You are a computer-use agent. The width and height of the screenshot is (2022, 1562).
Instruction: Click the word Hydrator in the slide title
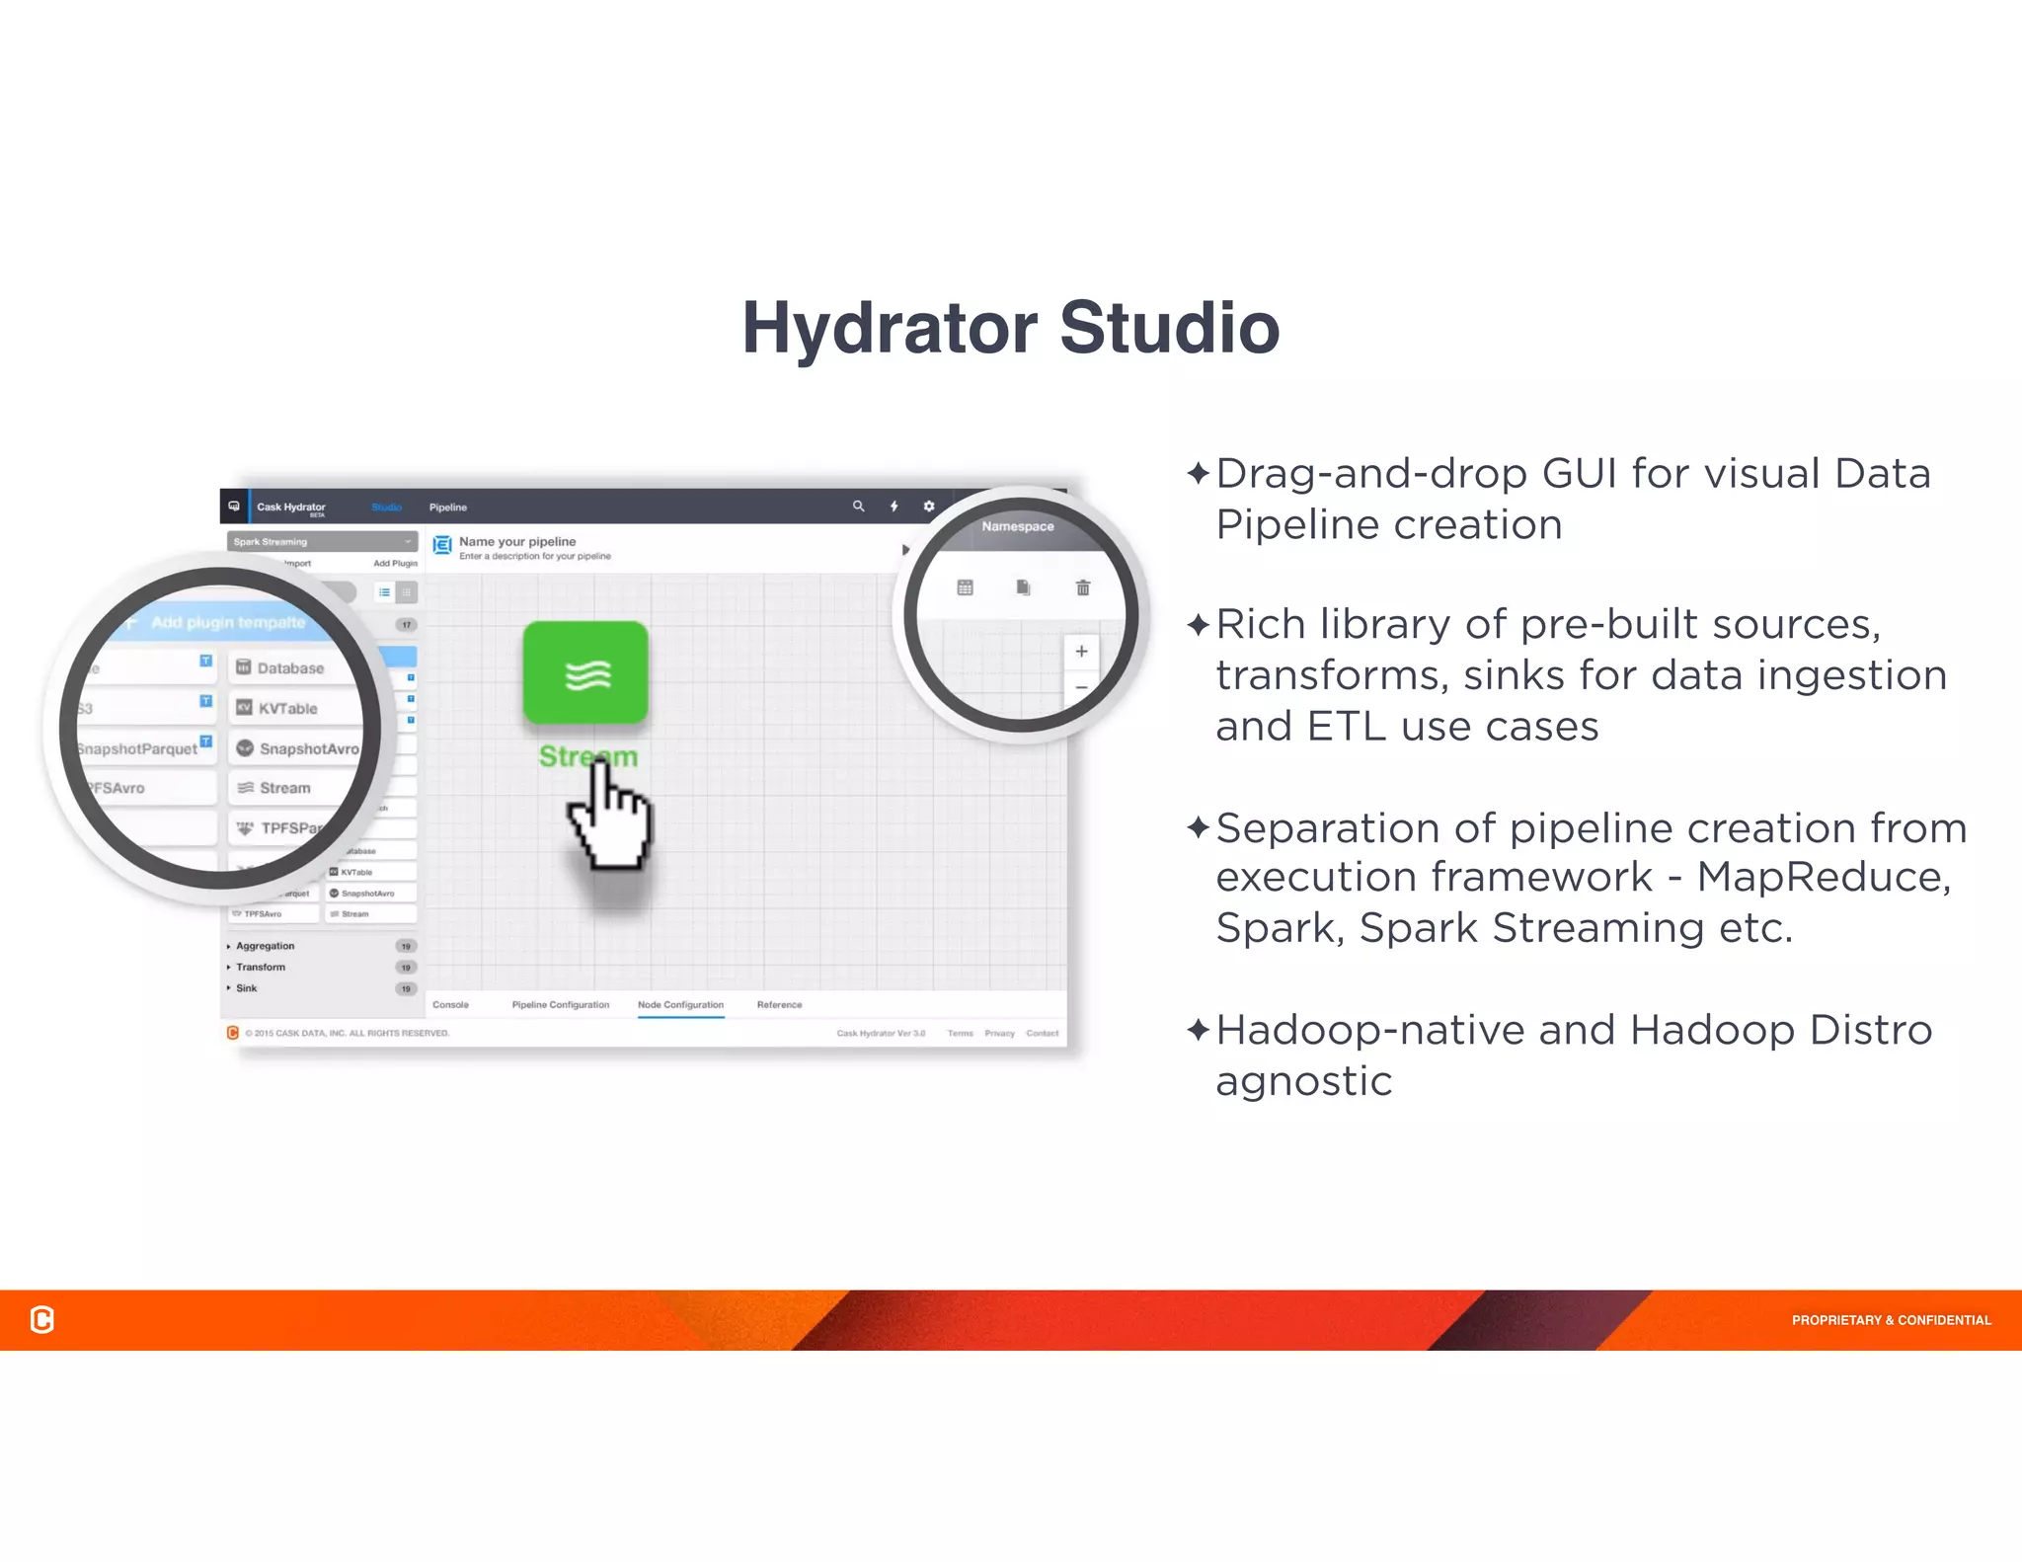tap(890, 329)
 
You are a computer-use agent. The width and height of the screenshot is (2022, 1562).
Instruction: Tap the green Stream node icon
tap(585, 672)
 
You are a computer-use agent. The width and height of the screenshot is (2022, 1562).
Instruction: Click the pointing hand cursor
tap(610, 820)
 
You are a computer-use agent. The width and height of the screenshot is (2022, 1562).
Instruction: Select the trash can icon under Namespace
tap(1082, 587)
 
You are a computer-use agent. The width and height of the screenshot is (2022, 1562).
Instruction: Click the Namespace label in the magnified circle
tap(1017, 526)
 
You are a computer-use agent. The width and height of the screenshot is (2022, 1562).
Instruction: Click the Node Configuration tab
tap(680, 1004)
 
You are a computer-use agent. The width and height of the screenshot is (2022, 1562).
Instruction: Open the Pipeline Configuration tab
tap(560, 1004)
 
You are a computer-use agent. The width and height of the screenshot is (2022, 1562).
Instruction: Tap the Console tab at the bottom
tap(450, 1004)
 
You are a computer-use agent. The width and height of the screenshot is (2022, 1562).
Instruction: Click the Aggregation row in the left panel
tap(265, 946)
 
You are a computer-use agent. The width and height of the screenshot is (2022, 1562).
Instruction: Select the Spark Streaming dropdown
tap(322, 541)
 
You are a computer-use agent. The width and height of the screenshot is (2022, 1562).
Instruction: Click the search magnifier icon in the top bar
tap(858, 506)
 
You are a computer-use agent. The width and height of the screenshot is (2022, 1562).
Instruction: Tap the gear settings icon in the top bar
tap(928, 506)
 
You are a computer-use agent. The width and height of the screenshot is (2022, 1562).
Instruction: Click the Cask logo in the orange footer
tap(42, 1319)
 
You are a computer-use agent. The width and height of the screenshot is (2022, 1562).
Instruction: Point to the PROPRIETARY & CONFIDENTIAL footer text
tap(1891, 1320)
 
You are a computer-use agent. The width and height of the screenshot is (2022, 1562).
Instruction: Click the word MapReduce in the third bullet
tap(1823, 877)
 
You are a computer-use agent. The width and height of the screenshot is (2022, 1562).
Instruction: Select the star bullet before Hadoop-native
tap(1198, 1030)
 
